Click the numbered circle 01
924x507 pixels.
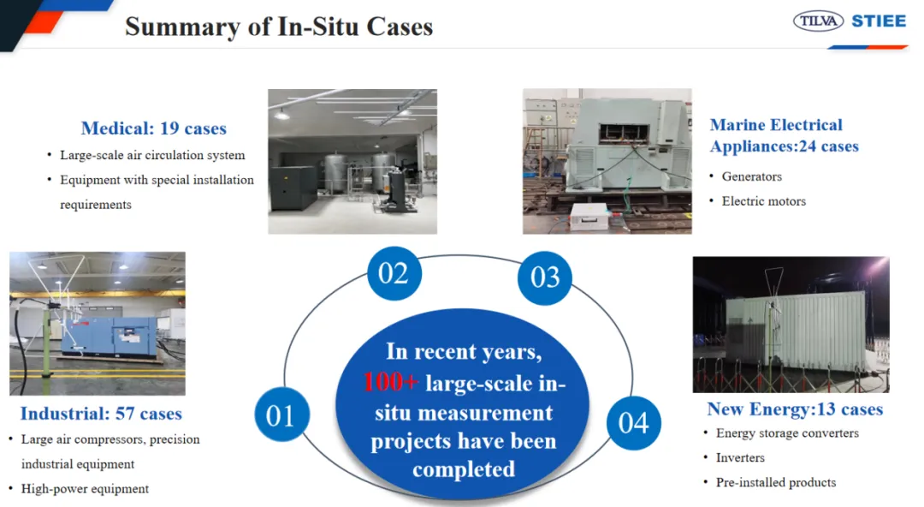tap(281, 415)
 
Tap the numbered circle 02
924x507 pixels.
tap(394, 273)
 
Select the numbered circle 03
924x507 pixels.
tap(544, 278)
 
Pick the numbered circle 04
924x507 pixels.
tap(633, 422)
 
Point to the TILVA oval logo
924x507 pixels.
tap(818, 21)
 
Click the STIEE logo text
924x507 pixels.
tap(879, 21)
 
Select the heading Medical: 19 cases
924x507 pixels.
tap(154, 128)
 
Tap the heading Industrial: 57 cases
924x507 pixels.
tap(101, 414)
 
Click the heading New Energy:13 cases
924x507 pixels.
tap(795, 409)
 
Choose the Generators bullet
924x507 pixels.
tap(752, 176)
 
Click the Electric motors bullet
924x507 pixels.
tap(764, 201)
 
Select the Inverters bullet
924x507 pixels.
tap(740, 457)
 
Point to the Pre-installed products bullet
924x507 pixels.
tap(776, 482)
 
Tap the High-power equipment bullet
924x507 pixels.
tap(85, 489)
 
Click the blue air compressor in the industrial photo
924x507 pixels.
tap(110, 336)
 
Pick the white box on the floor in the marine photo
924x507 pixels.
tap(589, 216)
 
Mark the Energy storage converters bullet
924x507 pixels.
tap(787, 433)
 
